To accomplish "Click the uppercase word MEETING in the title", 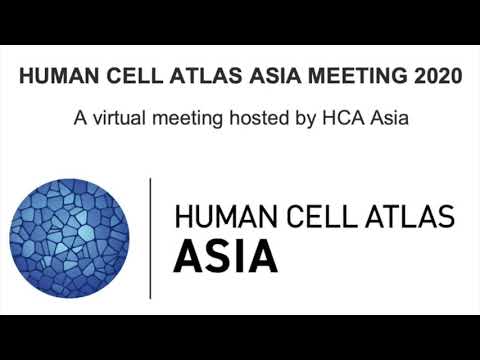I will [x=311, y=77].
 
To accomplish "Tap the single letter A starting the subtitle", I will [x=80, y=118].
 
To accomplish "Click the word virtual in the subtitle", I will [x=120, y=118].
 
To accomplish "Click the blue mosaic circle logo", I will [x=69, y=237].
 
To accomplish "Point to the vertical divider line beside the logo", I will [x=150, y=237].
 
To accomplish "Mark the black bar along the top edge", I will [x=240, y=20].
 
